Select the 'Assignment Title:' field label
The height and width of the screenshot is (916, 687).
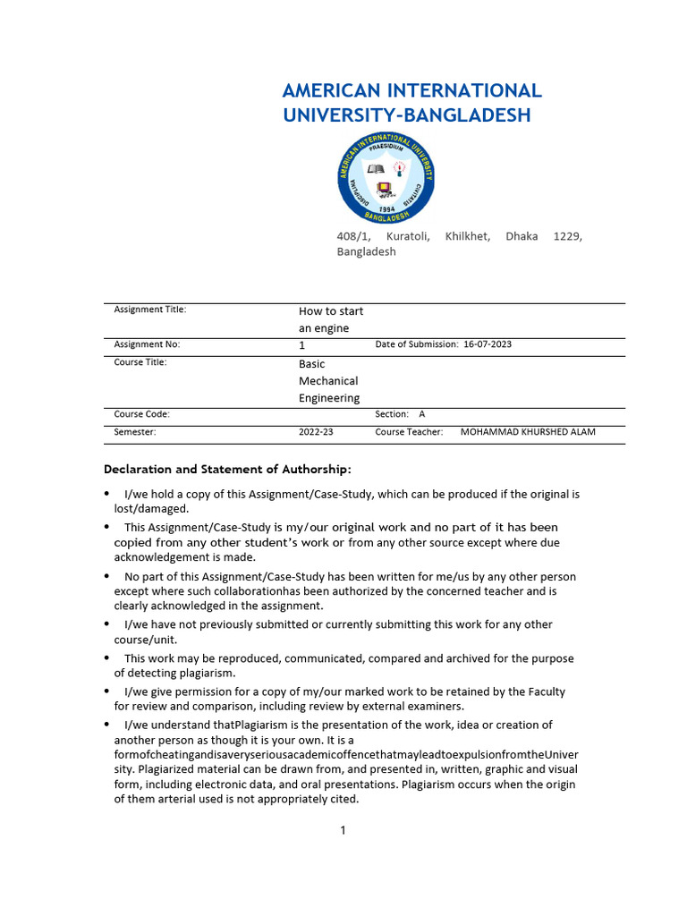click(150, 310)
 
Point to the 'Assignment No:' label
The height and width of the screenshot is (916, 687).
click(148, 344)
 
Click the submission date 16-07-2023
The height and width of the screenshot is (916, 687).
click(488, 344)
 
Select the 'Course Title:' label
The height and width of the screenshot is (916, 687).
click(140, 362)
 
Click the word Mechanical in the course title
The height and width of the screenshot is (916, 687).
click(328, 381)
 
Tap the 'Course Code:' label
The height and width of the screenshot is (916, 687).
click(141, 414)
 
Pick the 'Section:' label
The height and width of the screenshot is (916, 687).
click(392, 414)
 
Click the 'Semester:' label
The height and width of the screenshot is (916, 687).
click(135, 432)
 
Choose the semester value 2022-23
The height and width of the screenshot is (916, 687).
click(316, 432)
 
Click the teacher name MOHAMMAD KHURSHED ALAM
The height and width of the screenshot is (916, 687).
click(528, 432)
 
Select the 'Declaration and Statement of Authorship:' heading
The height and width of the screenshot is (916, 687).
click(228, 469)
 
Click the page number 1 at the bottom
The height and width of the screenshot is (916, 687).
click(343, 830)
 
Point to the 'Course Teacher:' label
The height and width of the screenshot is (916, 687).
click(409, 432)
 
